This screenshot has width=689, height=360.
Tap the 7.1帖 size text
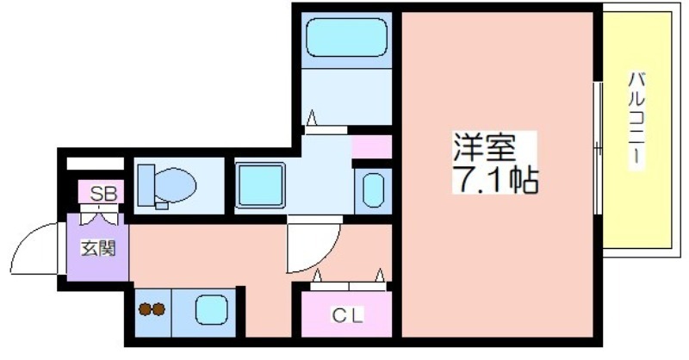click(x=495, y=179)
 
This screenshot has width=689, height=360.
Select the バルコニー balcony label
click(x=636, y=119)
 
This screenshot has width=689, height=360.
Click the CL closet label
click(x=347, y=314)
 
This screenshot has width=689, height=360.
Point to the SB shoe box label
click(x=103, y=194)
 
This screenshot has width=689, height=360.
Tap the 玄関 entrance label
click(x=97, y=248)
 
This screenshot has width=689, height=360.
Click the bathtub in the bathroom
click(x=347, y=37)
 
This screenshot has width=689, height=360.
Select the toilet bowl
click(x=175, y=186)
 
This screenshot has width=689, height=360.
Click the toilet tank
click(x=146, y=185)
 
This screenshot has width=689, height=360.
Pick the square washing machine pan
click(x=260, y=184)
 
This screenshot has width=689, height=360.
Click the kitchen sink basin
click(x=211, y=309)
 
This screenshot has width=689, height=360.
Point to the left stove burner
click(x=145, y=309)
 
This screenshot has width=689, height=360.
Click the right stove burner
click(x=158, y=309)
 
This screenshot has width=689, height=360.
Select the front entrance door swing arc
click(x=24, y=239)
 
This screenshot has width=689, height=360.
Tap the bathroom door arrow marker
click(x=312, y=117)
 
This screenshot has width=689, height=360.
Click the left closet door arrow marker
click(x=317, y=275)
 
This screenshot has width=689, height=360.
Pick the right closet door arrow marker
click(x=380, y=275)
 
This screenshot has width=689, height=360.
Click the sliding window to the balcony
click(x=598, y=148)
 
